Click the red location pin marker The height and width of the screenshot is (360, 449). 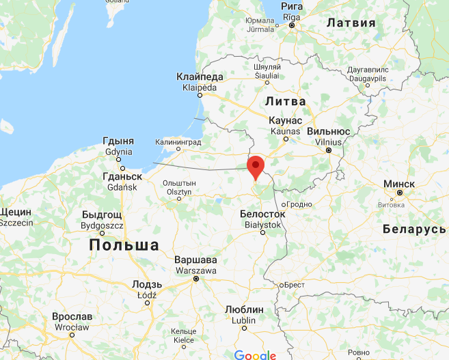pos(256,167)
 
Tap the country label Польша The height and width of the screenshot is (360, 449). pos(124,245)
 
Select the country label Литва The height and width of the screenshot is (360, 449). pos(285,100)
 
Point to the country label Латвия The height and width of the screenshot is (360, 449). pos(351,23)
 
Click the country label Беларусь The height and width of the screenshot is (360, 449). pos(413,228)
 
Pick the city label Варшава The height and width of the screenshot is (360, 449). pos(196,260)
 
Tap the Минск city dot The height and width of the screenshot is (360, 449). pos(400,193)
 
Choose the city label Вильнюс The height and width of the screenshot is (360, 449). pos(329,131)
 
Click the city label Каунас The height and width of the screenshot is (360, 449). pos(286,120)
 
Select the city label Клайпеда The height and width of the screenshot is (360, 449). pos(200,77)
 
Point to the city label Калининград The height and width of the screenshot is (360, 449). pos(179,141)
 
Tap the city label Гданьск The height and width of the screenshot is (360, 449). pos(122,176)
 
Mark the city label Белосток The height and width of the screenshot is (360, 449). pos(262,214)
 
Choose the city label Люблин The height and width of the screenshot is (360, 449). pos(244,309)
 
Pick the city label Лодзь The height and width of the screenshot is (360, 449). pos(147,284)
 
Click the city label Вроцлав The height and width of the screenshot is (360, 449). pos(72,317)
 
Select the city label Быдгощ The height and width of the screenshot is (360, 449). pos(102,214)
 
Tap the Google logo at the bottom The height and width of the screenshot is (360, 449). pos(254,355)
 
